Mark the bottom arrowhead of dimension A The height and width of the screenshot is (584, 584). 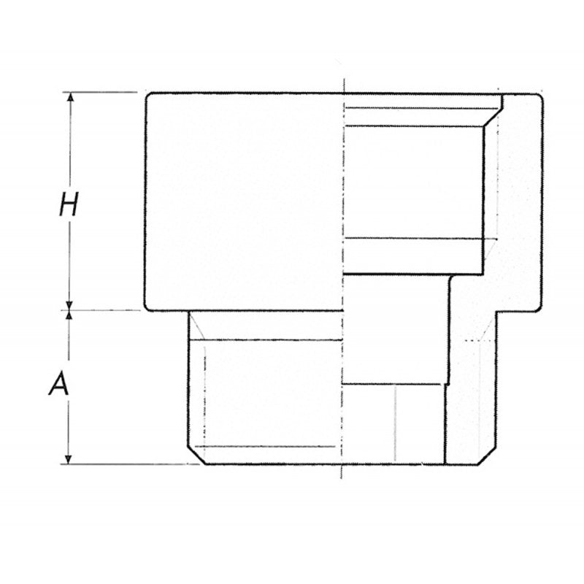point(70,458)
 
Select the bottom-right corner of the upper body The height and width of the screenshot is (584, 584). point(538,307)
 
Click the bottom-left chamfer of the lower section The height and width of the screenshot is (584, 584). point(195,458)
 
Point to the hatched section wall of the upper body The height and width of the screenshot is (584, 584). point(518,204)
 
